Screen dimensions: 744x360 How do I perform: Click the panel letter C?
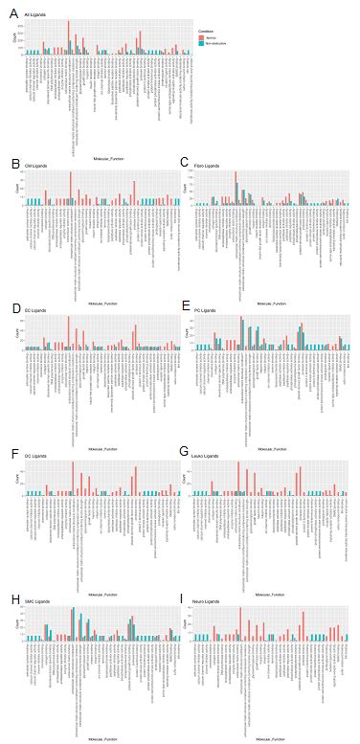184,162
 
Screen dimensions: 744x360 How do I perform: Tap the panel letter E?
184,305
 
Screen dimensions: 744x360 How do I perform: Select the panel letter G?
184,450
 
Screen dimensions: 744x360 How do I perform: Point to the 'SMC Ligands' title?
36,601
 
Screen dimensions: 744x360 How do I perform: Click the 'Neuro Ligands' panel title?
207,601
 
